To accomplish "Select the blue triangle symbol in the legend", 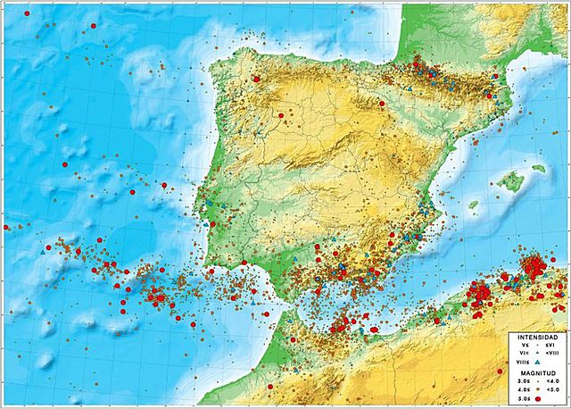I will point(538,362).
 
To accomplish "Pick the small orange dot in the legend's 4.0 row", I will point(537,388).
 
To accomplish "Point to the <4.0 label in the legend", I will point(552,380).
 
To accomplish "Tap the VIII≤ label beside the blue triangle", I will point(520,362).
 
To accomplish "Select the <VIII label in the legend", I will point(552,354).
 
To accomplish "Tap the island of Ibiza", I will point(473,204).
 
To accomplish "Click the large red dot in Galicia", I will point(257,79).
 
